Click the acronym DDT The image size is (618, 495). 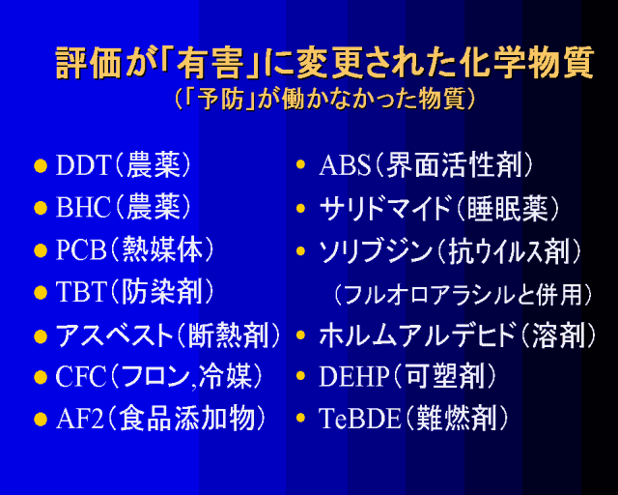click(x=82, y=165)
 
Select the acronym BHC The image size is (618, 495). click(x=83, y=207)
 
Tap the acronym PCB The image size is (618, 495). click(x=81, y=249)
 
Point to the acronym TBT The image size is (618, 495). click(x=81, y=292)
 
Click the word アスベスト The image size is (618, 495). click(x=114, y=335)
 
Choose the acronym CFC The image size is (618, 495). click(x=81, y=376)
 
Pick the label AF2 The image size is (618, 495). click(x=79, y=419)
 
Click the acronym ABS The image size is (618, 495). click(x=345, y=165)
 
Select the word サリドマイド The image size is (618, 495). click(x=385, y=208)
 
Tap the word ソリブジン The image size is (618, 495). click(x=376, y=250)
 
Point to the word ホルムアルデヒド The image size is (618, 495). click(x=417, y=335)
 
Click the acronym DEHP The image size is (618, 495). click(x=353, y=376)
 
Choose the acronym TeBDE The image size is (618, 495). click(x=359, y=419)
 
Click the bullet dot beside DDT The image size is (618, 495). click(x=41, y=166)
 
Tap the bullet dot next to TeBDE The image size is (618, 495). click(x=300, y=418)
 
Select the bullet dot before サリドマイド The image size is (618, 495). click(x=300, y=208)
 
